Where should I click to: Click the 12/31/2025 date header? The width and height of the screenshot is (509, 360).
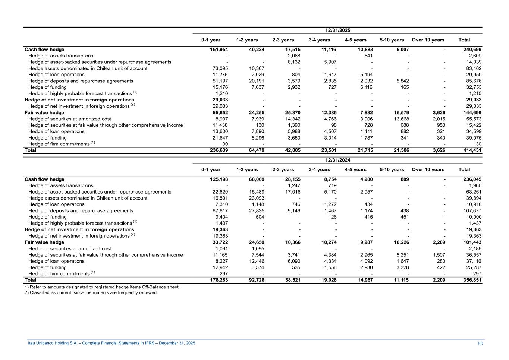point(337,30)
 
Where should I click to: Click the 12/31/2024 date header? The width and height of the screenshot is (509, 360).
point(337,160)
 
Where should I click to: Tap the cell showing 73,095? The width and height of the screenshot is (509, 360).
point(220,68)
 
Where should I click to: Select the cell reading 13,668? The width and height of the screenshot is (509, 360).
point(401,119)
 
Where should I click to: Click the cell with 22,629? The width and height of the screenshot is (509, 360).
point(220,192)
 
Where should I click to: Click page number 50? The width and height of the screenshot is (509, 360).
point(480,344)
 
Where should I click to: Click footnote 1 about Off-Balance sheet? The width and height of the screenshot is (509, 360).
point(102,287)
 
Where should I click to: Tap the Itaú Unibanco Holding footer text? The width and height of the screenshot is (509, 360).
point(111,343)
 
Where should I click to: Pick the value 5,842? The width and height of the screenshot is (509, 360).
point(402,81)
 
